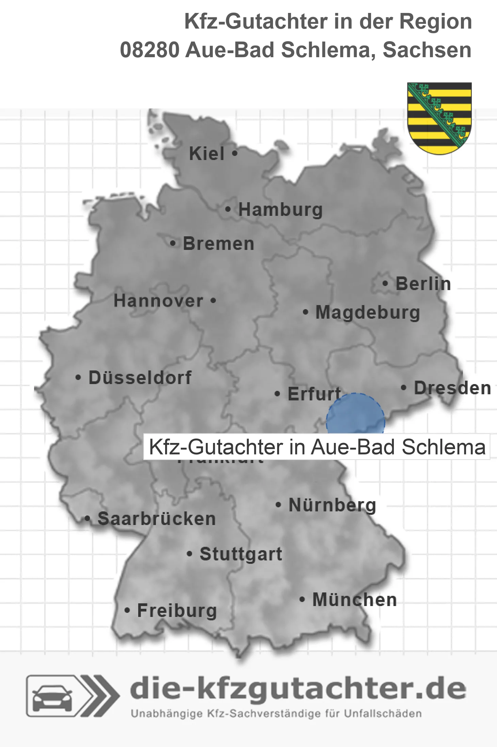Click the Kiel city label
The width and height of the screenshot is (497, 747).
(207, 154)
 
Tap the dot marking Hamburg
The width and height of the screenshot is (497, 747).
(228, 209)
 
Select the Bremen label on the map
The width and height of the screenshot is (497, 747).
(219, 244)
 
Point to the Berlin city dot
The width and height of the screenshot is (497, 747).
(385, 283)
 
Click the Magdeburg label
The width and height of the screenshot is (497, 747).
(368, 312)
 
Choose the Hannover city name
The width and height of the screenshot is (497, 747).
(158, 301)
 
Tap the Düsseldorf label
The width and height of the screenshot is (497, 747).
(140, 378)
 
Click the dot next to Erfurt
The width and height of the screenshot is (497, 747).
(277, 394)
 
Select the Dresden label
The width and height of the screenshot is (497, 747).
(452, 388)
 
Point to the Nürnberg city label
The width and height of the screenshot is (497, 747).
(332, 505)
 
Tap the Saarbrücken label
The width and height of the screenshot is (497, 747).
(157, 519)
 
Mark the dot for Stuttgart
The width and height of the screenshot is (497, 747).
(190, 554)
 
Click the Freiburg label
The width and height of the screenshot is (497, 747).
(177, 610)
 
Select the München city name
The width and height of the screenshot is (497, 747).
(355, 600)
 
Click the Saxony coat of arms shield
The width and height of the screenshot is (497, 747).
(439, 117)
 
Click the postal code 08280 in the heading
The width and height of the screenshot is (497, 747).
(150, 50)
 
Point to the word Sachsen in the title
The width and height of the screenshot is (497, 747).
(427, 50)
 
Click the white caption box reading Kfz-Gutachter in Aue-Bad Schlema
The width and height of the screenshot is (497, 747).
(317, 447)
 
